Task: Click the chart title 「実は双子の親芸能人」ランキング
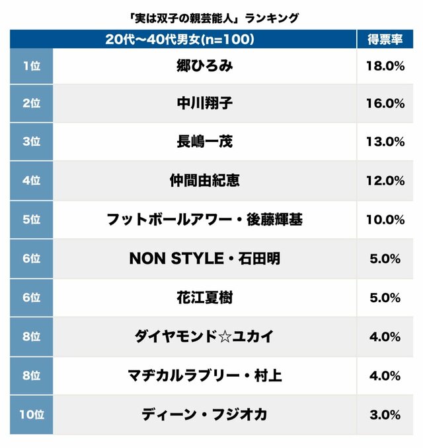tap(213, 18)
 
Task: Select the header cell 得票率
tap(385, 40)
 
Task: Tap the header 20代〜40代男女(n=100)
tap(180, 40)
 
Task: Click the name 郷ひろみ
tap(205, 66)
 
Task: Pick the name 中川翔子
tap(205, 103)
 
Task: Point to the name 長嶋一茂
tap(205, 142)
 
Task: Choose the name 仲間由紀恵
tap(205, 181)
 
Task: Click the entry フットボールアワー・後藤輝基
tap(205, 220)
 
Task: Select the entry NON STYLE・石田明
tap(205, 258)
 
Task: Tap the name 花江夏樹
tap(205, 298)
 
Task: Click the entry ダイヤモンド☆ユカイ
tap(204, 336)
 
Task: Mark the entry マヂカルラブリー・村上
tap(205, 375)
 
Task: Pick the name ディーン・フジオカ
tap(204, 414)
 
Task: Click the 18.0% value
tap(385, 66)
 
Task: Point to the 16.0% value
tap(385, 104)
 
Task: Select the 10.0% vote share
tap(385, 220)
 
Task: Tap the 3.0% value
tap(385, 415)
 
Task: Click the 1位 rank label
tap(32, 66)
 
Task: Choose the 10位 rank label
tap(32, 414)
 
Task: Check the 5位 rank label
tap(32, 220)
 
